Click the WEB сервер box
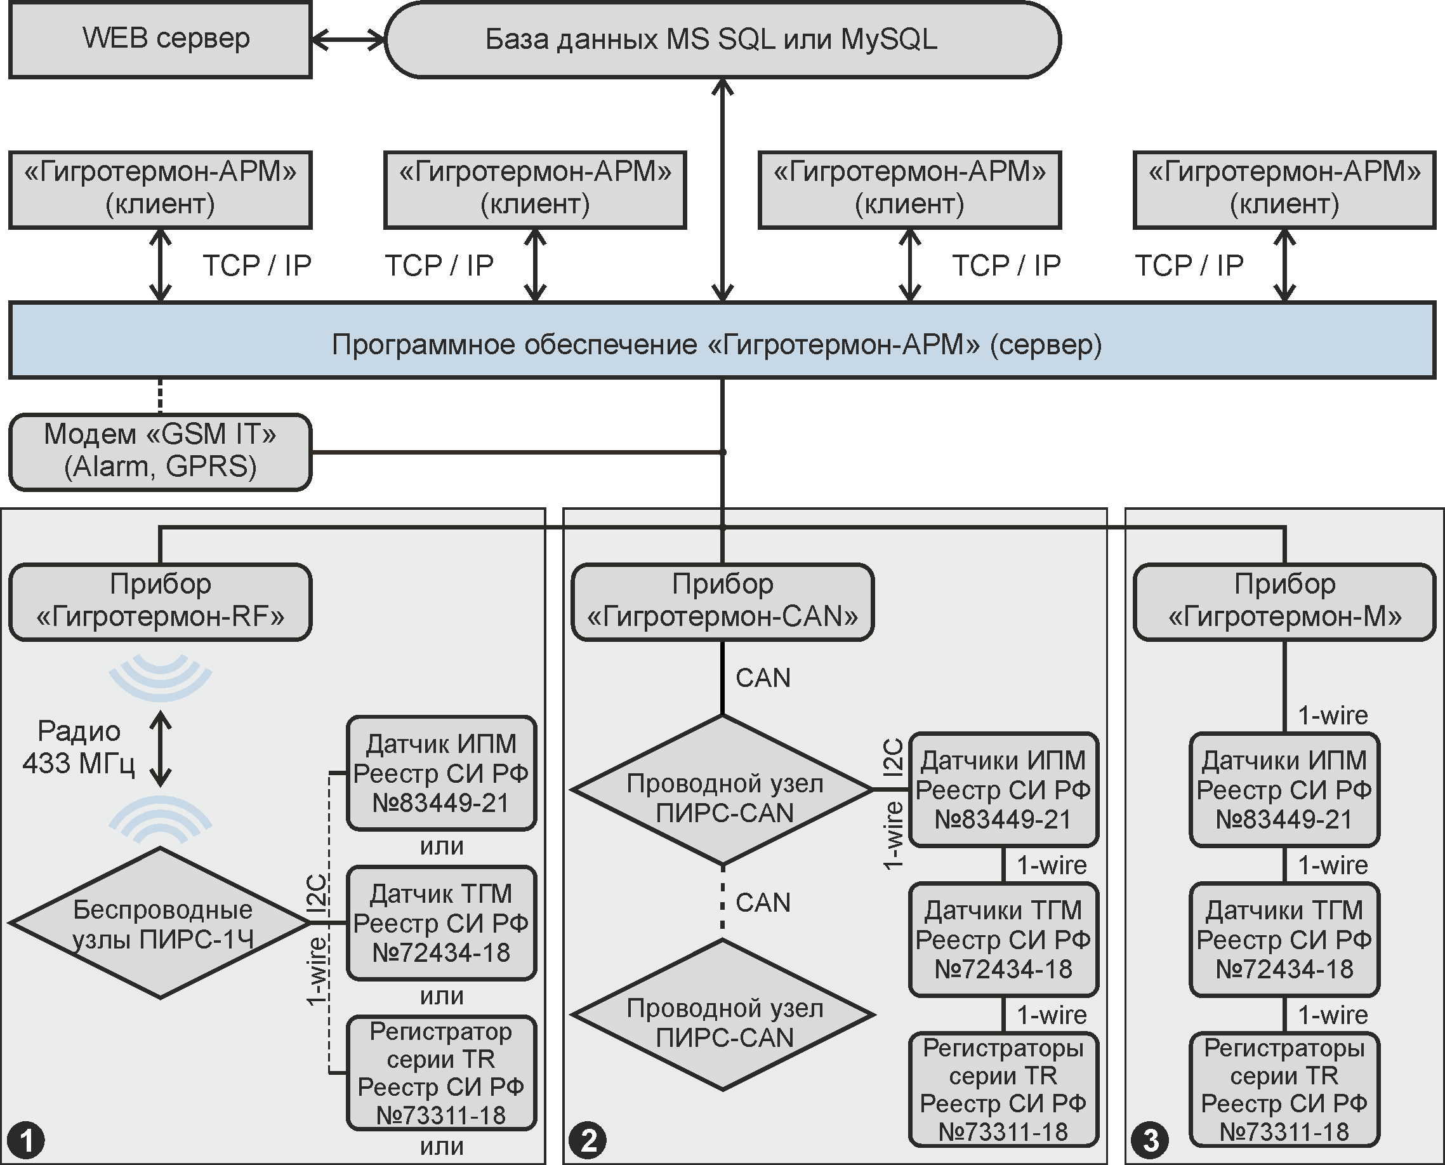(161, 39)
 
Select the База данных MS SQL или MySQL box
(722, 39)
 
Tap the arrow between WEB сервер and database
(348, 39)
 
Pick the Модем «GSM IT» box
(161, 451)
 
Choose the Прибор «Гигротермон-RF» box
(161, 601)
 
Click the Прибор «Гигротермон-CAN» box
(722, 601)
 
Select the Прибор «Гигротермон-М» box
(1284, 601)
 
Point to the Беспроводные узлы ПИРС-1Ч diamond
(161, 922)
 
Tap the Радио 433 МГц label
(79, 747)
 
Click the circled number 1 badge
(25, 1140)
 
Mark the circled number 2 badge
(588, 1140)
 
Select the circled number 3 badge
(1150, 1140)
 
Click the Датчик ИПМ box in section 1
(442, 773)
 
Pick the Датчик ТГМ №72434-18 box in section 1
(442, 922)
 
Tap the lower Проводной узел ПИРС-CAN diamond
(722, 1014)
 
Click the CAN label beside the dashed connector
(763, 903)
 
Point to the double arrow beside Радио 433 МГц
(161, 749)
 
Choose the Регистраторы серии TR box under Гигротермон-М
(1284, 1089)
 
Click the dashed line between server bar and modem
(160, 396)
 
